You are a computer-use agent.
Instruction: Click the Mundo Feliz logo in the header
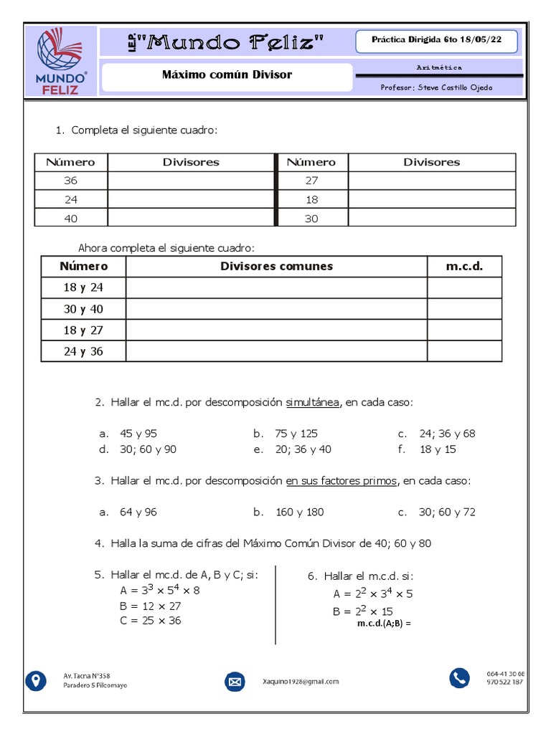[62, 61]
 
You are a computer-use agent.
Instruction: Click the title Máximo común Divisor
[227, 75]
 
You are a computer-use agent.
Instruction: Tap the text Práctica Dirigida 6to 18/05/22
[435, 41]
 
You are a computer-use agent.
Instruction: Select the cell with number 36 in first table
[71, 181]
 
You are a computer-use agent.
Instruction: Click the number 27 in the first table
[311, 181]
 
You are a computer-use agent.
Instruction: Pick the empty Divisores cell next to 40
[191, 219]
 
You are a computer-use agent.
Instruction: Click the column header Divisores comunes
[276, 267]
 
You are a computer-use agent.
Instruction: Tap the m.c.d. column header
[464, 267]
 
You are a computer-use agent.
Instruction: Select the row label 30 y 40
[83, 309]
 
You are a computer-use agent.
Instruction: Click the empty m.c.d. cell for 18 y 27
[464, 330]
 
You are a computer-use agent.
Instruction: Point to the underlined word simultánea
[314, 403]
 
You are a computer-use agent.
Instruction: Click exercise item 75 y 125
[296, 434]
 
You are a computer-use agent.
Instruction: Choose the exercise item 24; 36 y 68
[447, 434]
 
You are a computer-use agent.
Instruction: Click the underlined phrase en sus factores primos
[341, 481]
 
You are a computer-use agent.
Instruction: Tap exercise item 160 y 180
[299, 513]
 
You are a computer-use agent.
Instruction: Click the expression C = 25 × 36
[151, 621]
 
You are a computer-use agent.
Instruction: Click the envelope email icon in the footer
[235, 681]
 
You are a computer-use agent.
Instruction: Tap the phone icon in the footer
[459, 677]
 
